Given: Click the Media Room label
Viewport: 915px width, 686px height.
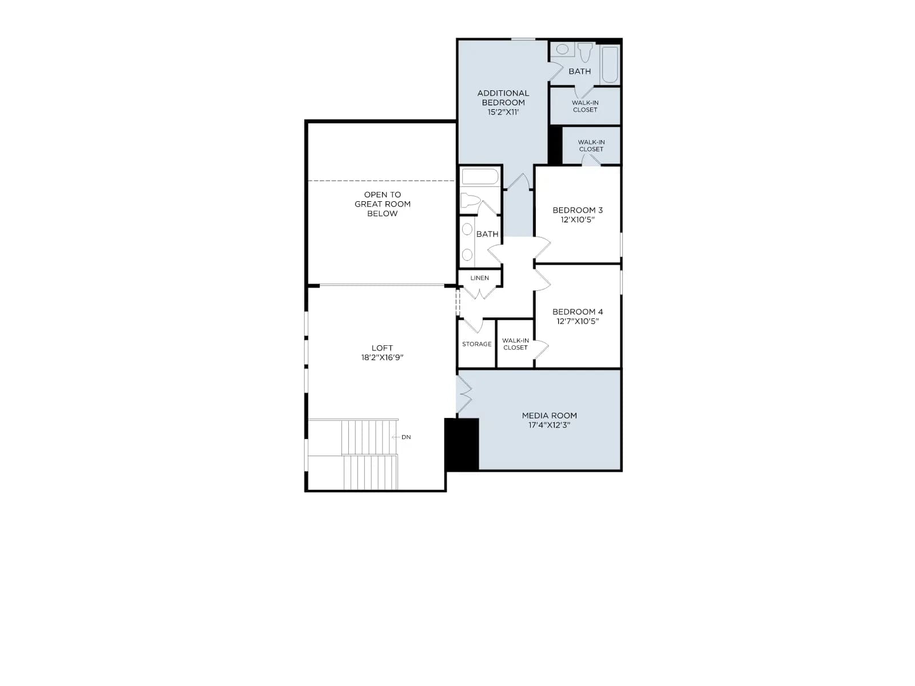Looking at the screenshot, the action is click(549, 415).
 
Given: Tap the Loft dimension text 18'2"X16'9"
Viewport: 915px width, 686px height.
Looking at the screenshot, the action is click(382, 357).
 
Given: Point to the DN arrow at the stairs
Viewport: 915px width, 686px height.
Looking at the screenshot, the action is click(396, 437).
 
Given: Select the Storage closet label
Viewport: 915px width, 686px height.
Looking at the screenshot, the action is click(476, 344).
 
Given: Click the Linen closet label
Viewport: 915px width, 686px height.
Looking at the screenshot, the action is click(479, 278).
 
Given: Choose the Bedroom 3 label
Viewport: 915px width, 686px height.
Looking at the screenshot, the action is click(578, 210).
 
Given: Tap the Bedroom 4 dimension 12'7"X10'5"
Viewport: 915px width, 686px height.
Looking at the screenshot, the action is click(578, 321).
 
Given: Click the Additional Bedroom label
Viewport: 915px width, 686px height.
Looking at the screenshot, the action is click(503, 98).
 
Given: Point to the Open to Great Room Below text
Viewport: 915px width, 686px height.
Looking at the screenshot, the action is click(382, 204).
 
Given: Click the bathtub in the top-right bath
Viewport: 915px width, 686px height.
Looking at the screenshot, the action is click(610, 65).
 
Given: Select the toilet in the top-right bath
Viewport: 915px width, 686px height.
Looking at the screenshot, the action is click(585, 51).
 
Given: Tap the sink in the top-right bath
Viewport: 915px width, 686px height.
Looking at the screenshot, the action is click(562, 49).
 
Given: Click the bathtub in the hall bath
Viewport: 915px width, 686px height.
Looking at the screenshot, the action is click(480, 177).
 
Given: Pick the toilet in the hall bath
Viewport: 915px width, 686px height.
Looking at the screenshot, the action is click(470, 201).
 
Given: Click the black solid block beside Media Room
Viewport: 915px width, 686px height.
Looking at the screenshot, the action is click(462, 444).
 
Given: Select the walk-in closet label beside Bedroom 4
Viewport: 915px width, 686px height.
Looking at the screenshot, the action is click(515, 344).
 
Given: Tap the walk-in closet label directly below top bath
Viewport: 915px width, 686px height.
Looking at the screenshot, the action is click(585, 106).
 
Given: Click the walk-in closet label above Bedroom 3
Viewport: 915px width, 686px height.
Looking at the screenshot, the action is click(591, 145).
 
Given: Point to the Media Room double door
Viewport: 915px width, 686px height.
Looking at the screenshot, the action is click(464, 394).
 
